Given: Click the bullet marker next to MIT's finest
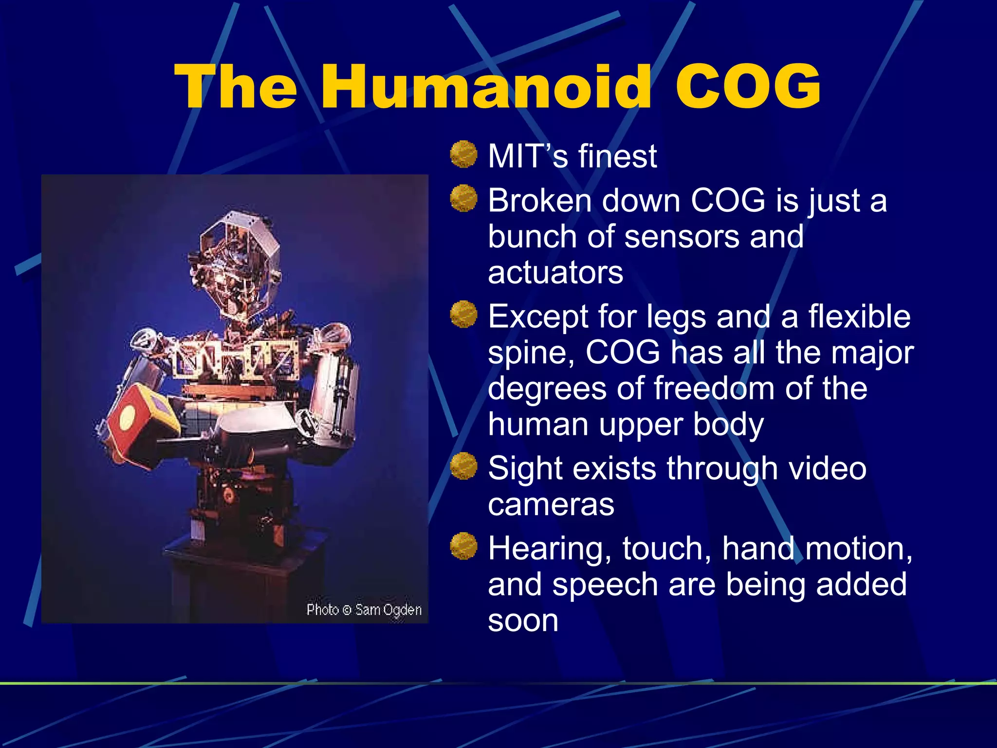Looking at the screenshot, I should coord(463,154).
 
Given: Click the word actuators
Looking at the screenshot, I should coord(555,272).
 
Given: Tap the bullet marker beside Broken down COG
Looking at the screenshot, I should coord(463,198).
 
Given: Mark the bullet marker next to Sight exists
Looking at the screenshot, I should coord(463,466).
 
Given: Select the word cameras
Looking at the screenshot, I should coord(551,505).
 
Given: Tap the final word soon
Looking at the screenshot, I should coord(523,621).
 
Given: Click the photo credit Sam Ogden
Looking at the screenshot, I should coord(388,610).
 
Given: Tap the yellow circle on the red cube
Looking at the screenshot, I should coord(128,418).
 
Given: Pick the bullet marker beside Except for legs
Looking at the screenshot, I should coord(463,314).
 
